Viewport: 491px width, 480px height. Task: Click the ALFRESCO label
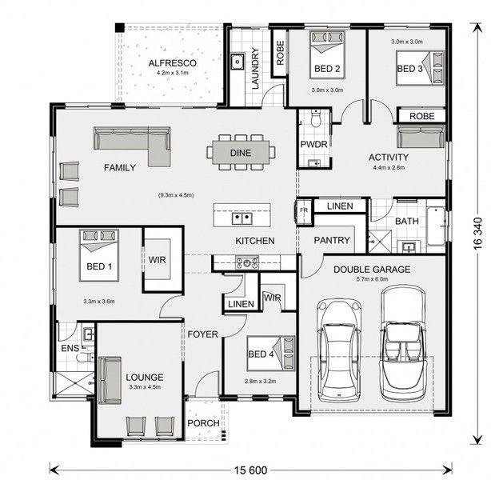[x=172, y=63]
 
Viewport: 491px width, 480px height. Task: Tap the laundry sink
[x=238, y=61]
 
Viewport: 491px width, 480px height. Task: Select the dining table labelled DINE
[x=241, y=153]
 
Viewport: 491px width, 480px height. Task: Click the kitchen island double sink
[x=242, y=218]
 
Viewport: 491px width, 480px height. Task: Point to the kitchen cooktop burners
[x=247, y=262]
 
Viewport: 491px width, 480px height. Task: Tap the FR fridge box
[x=304, y=210]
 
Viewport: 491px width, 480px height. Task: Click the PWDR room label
[x=313, y=144]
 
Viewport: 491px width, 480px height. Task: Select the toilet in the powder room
[x=316, y=118]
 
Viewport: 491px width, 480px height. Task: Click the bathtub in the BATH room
[x=436, y=226]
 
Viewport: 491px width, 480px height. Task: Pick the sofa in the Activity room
[x=421, y=136]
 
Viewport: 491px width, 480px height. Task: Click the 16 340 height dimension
[x=477, y=234]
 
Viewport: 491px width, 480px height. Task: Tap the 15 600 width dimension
[x=251, y=470]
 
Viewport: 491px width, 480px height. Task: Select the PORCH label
[x=203, y=423]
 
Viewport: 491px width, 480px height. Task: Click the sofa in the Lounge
[x=110, y=380]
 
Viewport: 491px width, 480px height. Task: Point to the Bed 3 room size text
[x=407, y=42]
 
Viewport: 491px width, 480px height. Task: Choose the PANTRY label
[x=332, y=240]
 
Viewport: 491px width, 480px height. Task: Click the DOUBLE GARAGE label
[x=372, y=270]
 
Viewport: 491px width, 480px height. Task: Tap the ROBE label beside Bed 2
[x=280, y=53]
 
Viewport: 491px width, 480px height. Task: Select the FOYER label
[x=202, y=334]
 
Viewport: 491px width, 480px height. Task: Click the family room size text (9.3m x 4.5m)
[x=176, y=195]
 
